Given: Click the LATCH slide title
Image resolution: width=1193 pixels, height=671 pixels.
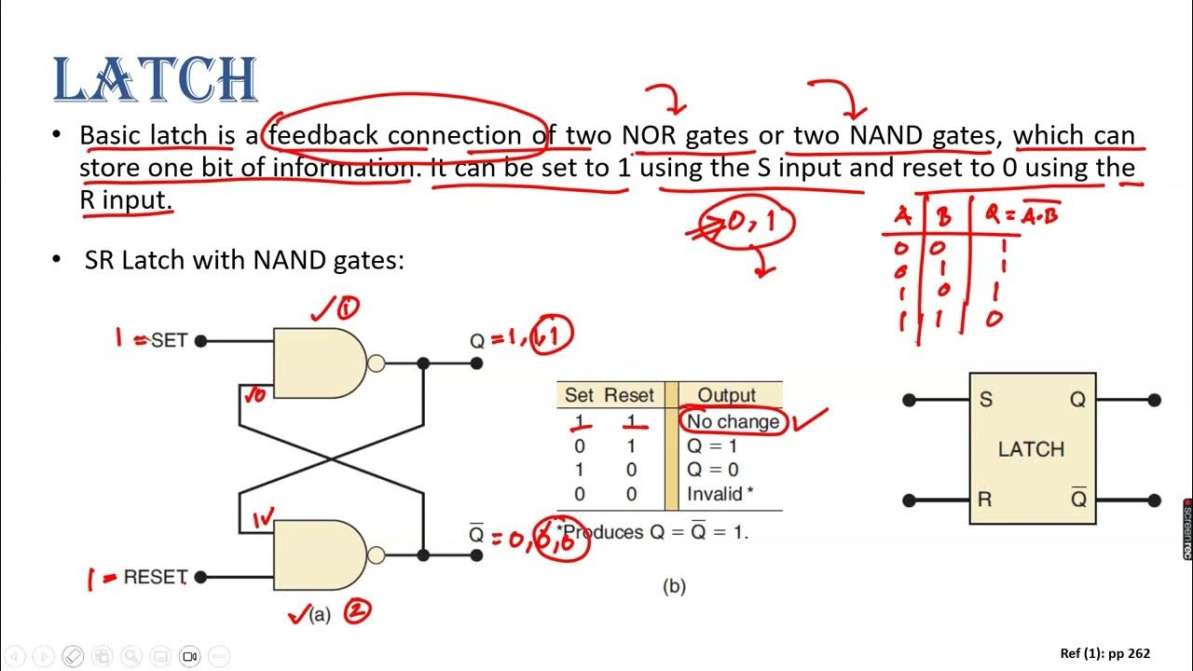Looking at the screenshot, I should click(x=155, y=80).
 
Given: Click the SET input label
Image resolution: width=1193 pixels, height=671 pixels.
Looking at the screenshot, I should click(x=169, y=340).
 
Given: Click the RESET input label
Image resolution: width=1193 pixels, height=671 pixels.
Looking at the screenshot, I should click(x=156, y=577).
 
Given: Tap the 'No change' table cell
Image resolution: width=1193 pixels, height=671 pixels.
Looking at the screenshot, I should click(x=733, y=421).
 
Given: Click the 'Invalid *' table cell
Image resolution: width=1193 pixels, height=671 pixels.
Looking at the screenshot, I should click(x=719, y=494).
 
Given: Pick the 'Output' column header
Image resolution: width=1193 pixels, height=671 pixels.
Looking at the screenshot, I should click(x=727, y=395).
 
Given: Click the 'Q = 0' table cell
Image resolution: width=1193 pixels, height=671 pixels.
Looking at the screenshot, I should click(x=712, y=470).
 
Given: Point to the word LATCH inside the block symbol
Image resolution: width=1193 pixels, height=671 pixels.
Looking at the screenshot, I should click(x=1031, y=449).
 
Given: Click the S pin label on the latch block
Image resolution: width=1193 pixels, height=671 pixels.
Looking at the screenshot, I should click(x=986, y=400).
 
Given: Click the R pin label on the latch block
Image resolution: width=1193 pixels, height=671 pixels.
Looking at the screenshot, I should click(x=985, y=500).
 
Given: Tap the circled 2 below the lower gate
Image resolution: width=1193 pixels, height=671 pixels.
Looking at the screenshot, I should click(x=357, y=611).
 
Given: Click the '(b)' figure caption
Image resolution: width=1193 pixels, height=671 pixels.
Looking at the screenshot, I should click(x=673, y=586).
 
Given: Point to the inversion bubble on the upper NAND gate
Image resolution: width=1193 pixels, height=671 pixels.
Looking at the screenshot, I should click(x=377, y=363).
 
